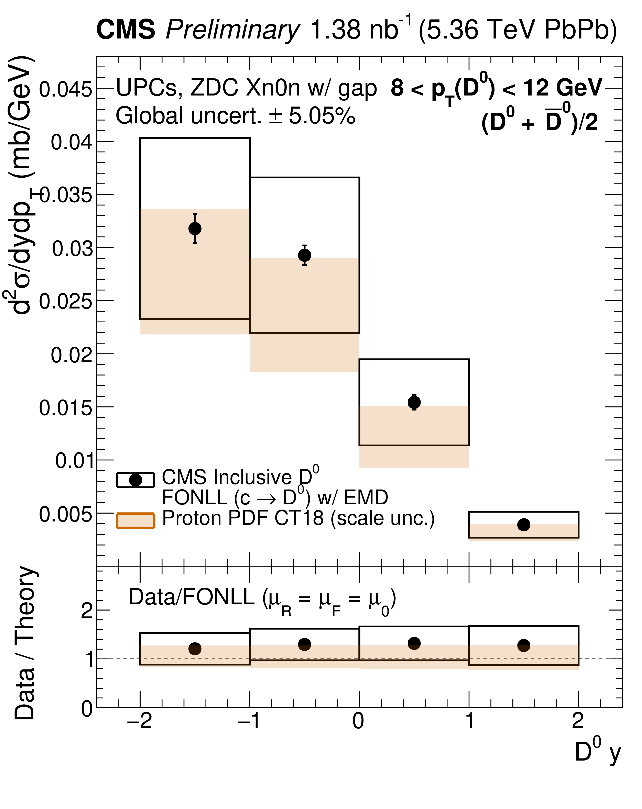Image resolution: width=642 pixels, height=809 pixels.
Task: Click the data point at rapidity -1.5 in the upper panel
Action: (195, 228)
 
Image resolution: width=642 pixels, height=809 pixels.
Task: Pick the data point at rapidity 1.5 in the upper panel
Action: (524, 525)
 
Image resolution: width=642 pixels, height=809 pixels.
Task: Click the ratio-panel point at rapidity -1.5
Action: (195, 649)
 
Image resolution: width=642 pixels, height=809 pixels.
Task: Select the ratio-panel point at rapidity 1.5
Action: (524, 645)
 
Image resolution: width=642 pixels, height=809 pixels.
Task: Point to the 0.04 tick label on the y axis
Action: (71, 143)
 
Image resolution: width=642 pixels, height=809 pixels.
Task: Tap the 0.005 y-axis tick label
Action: (65, 514)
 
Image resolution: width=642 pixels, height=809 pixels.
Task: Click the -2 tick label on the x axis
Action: (140, 721)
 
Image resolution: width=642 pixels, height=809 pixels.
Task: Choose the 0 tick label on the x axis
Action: (359, 721)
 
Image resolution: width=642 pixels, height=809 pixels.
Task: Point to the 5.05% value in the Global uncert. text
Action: (322, 116)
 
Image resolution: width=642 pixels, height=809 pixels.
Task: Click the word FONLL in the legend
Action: (195, 498)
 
